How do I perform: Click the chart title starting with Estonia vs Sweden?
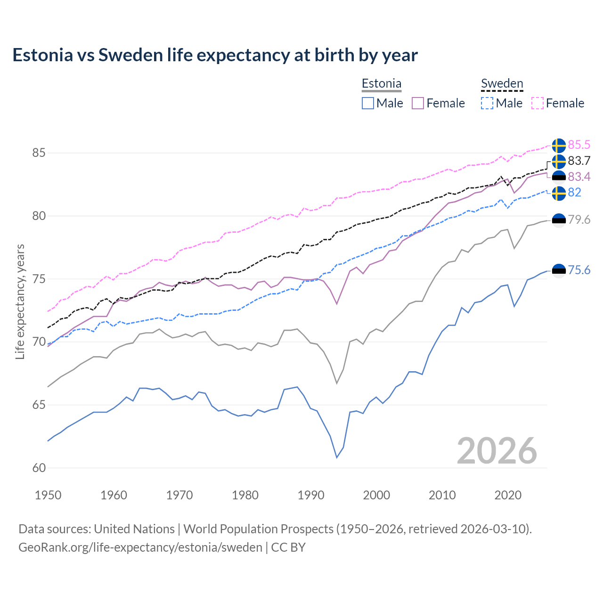(215, 55)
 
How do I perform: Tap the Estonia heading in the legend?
(381, 83)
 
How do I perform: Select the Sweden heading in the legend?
(502, 83)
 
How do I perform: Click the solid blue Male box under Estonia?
(368, 103)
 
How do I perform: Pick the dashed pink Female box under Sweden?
(538, 103)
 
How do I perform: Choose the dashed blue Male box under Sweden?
(487, 103)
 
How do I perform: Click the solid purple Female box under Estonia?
(418, 103)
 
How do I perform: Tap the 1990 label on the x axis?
(311, 495)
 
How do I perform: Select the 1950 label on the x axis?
(48, 495)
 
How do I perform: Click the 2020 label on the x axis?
(508, 495)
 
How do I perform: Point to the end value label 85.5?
(579, 145)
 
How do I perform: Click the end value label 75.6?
(579, 270)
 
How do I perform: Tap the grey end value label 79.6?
(579, 220)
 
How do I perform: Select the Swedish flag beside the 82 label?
(559, 193)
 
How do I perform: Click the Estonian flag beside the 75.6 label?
(559, 270)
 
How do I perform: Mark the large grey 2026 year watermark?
(497, 451)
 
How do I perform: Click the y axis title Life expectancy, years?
(20, 301)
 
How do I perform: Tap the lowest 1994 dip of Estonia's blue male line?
(337, 457)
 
